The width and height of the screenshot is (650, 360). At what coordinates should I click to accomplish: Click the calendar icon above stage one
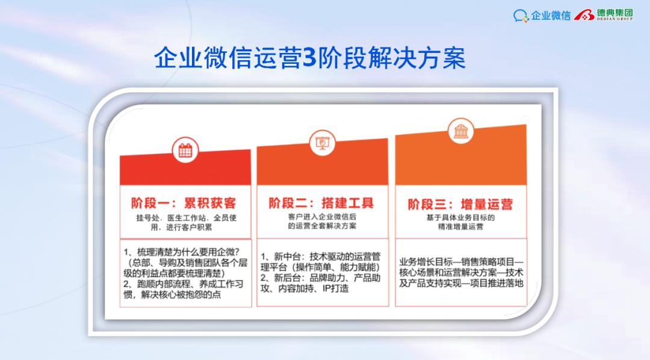pyautogui.click(x=185, y=150)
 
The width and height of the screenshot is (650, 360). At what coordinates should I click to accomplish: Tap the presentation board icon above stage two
pyautogui.click(x=322, y=143)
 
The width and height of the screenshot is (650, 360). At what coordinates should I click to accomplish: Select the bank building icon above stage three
pyautogui.click(x=460, y=131)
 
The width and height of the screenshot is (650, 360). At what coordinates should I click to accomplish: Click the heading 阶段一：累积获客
pyautogui.click(x=184, y=203)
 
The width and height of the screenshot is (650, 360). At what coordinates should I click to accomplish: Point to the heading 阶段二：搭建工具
pyautogui.click(x=321, y=203)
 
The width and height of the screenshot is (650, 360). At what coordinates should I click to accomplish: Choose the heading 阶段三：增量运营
pyautogui.click(x=460, y=205)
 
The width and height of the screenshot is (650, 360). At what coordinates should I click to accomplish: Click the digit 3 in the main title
pyautogui.click(x=310, y=58)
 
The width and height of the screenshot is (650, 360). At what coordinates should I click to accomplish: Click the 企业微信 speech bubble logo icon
pyautogui.click(x=521, y=16)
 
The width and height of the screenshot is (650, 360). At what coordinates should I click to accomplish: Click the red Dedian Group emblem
pyautogui.click(x=584, y=15)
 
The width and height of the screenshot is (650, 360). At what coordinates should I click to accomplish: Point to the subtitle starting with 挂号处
pyautogui.click(x=186, y=222)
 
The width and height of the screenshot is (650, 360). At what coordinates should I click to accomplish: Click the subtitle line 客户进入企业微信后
pyautogui.click(x=322, y=217)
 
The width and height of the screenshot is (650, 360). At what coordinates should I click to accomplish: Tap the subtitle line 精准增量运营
pyautogui.click(x=460, y=227)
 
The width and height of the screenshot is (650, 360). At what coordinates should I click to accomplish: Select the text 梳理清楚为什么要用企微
pyautogui.click(x=186, y=252)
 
